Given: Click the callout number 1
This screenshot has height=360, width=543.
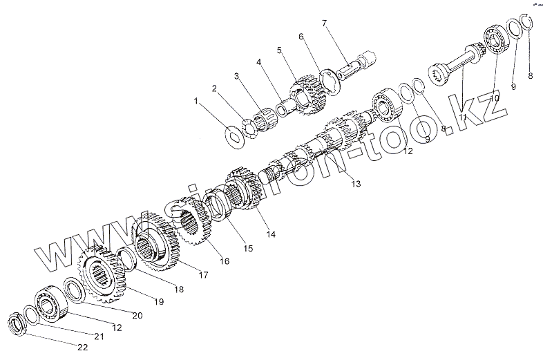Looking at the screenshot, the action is pos(196,101).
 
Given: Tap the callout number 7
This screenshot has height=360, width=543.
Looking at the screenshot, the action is pos(323,24).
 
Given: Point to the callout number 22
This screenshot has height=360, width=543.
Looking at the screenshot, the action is pos(82,348).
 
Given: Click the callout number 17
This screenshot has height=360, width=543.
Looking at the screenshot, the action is pos(203,274).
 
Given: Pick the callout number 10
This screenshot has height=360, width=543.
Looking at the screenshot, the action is pos(493,99).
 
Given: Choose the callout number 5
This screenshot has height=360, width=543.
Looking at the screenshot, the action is pos(280,50).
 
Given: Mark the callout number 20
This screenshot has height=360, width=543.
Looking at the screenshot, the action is pos(137,315).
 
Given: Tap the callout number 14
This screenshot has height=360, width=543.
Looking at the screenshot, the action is pos(271,235).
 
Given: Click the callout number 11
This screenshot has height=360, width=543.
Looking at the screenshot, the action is pos(463,118).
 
